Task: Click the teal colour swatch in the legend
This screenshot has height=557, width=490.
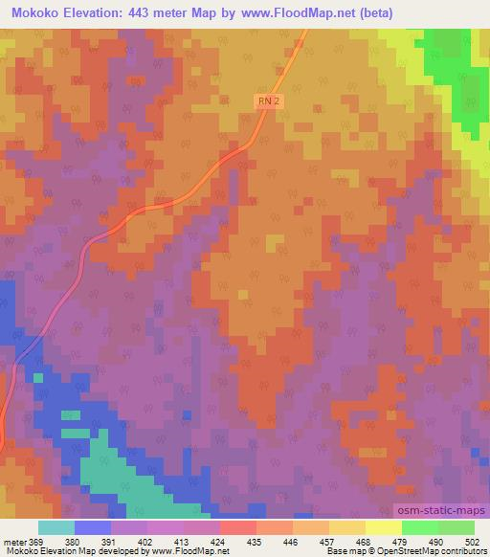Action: (56, 527)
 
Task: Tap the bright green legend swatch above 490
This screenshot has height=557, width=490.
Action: (419, 527)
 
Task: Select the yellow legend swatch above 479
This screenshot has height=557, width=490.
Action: (383, 527)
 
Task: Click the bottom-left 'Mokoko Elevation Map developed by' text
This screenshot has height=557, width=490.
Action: (67, 551)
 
